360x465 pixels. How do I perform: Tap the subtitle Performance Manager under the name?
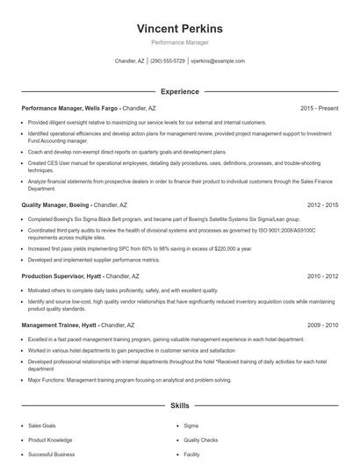tap(179, 42)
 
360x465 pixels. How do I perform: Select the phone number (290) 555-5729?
tap(167, 61)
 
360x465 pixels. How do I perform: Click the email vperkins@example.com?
tap(217, 61)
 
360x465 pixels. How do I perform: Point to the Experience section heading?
tap(179, 91)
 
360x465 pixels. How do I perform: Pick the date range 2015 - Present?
tap(319, 108)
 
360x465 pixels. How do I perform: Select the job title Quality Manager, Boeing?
tap(58, 204)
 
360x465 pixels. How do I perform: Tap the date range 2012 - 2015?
tap(322, 204)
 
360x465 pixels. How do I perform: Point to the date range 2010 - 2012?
tap(322, 275)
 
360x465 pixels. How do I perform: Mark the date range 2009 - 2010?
tap(322, 325)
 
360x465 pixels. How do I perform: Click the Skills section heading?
tap(179, 407)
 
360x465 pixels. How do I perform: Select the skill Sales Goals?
tap(42, 425)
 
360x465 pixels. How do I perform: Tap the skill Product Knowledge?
tap(49, 440)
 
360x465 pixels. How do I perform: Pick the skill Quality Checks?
tap(201, 440)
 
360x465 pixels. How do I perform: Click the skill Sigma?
tap(191, 425)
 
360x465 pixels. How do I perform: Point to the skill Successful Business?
tap(51, 454)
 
